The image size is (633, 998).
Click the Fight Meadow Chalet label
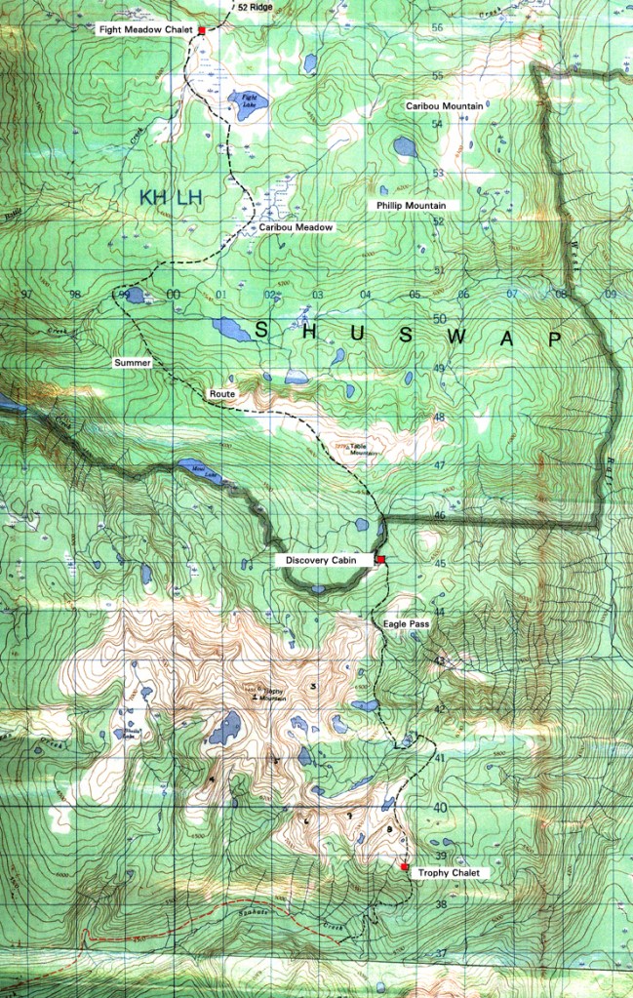pyautogui.click(x=144, y=30)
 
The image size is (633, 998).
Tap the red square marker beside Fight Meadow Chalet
pyautogui.click(x=202, y=31)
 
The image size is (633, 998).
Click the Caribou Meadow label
pyautogui.click(x=297, y=227)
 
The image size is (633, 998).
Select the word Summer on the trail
pyautogui.click(x=133, y=362)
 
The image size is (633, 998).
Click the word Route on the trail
pyautogui.click(x=222, y=394)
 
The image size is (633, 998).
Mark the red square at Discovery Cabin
pyautogui.click(x=380, y=559)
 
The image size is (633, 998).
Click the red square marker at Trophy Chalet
pyautogui.click(x=404, y=866)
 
